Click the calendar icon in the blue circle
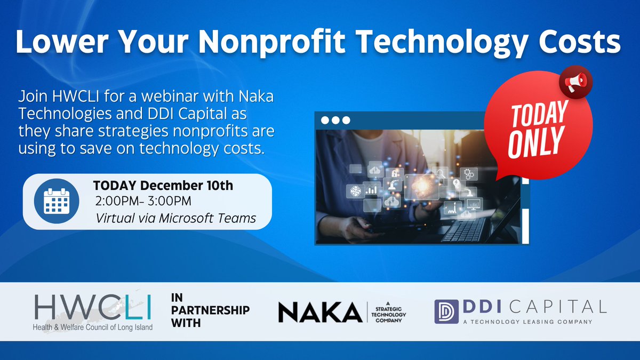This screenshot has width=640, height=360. pos(57,202)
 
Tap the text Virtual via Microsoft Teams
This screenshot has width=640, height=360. pos(175,218)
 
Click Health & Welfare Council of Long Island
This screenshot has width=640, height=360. pos(92,326)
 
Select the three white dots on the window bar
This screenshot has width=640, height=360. pos(335,120)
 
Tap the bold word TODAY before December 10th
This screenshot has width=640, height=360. pos(116,186)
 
